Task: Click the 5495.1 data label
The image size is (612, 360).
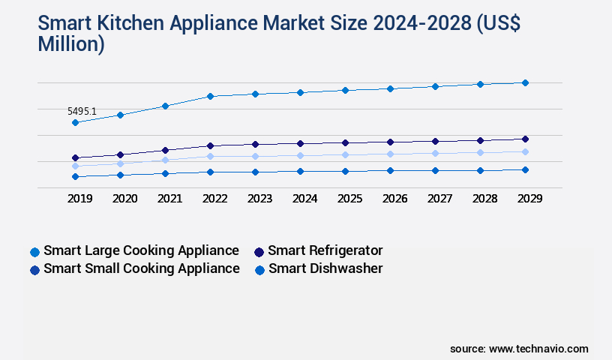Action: tap(82, 111)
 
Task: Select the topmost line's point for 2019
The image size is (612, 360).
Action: tap(75, 122)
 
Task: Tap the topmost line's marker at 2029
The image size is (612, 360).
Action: tap(525, 82)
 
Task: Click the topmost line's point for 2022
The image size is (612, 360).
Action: tap(210, 96)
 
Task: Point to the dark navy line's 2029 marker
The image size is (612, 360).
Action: tap(525, 139)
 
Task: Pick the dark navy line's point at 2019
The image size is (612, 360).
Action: tap(75, 157)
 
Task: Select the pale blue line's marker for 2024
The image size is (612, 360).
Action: tap(300, 155)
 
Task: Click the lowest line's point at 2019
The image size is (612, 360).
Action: tap(75, 176)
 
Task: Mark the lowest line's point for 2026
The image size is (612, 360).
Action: tap(390, 170)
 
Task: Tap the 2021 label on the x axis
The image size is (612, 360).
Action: tap(169, 199)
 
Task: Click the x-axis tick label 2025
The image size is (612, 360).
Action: tap(349, 199)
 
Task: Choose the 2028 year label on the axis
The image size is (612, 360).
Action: tap(484, 199)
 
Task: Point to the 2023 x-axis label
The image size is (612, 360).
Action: tap(259, 199)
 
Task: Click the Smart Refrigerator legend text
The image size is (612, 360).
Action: tap(325, 250)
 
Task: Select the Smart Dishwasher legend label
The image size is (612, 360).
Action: tap(325, 268)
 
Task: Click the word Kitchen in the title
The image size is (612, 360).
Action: tap(127, 25)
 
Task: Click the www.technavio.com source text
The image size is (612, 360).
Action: tap(538, 349)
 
